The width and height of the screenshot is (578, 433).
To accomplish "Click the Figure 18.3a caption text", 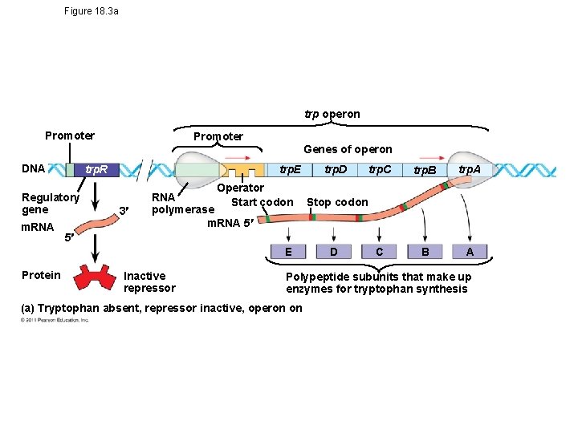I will [92, 11].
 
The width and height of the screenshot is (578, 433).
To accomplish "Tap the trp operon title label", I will [332, 114].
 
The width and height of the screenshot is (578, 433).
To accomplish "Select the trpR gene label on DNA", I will [102, 171].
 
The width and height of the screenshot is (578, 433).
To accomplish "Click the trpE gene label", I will [289, 169].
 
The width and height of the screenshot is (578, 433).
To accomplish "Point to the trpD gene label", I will [335, 169].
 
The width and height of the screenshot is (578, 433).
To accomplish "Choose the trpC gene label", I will [380, 169].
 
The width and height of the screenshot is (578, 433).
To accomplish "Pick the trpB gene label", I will [424, 171].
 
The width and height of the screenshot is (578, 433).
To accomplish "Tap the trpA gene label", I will [469, 169].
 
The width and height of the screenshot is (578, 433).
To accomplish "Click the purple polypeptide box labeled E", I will [287, 252].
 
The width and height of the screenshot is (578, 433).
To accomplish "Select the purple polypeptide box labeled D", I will [333, 252].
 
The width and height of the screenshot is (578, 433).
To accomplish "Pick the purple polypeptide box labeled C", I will [379, 252].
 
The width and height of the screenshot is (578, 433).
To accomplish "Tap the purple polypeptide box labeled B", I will [425, 252].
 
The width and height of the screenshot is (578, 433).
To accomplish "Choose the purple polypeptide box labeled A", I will [470, 252].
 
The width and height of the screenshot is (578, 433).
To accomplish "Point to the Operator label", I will [241, 188].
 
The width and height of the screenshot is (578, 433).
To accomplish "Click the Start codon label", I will [262, 202].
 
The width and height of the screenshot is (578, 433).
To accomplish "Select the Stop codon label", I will [337, 202].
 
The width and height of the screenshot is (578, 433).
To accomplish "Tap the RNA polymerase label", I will [183, 203].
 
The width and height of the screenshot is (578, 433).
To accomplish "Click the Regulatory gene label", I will [51, 203].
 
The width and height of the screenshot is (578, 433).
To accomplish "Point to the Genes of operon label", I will [348, 149].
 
